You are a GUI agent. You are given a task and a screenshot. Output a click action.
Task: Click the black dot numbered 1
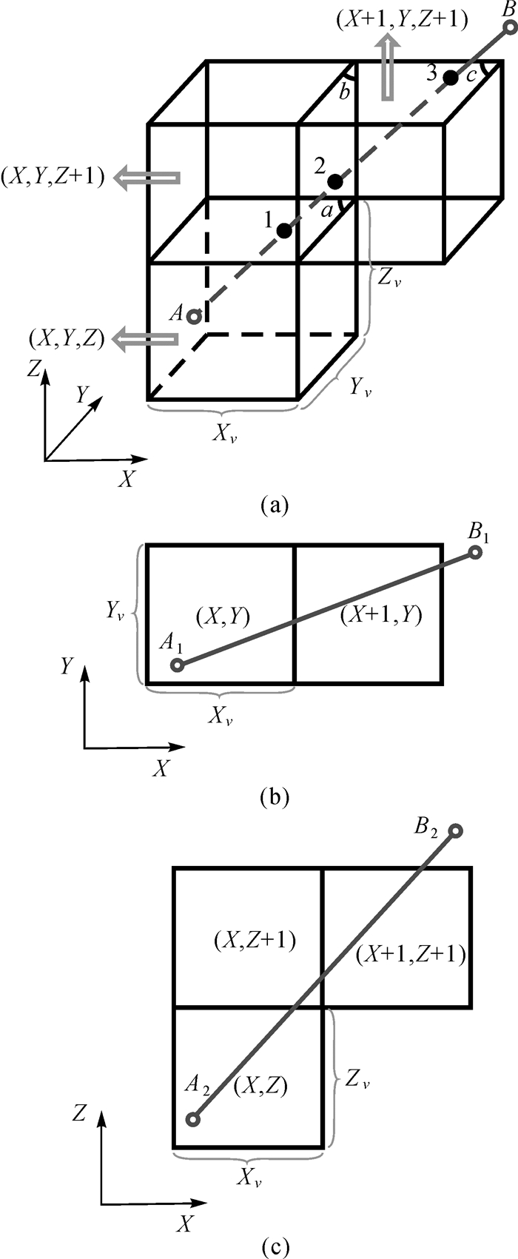[x=284, y=231]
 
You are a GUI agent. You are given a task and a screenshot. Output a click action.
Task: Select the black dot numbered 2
[x=335, y=181]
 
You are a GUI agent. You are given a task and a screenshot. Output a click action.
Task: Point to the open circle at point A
[x=194, y=317]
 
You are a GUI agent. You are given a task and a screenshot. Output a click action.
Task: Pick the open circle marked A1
[x=177, y=665]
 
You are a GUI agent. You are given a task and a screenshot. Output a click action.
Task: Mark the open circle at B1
[x=475, y=552]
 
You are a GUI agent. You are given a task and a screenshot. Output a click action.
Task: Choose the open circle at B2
[x=456, y=831]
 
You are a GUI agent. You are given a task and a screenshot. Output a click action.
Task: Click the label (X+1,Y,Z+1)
[x=401, y=21]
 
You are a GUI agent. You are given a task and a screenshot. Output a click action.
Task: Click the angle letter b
[x=343, y=93]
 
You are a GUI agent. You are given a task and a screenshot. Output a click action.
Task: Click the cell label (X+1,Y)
[x=382, y=615]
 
